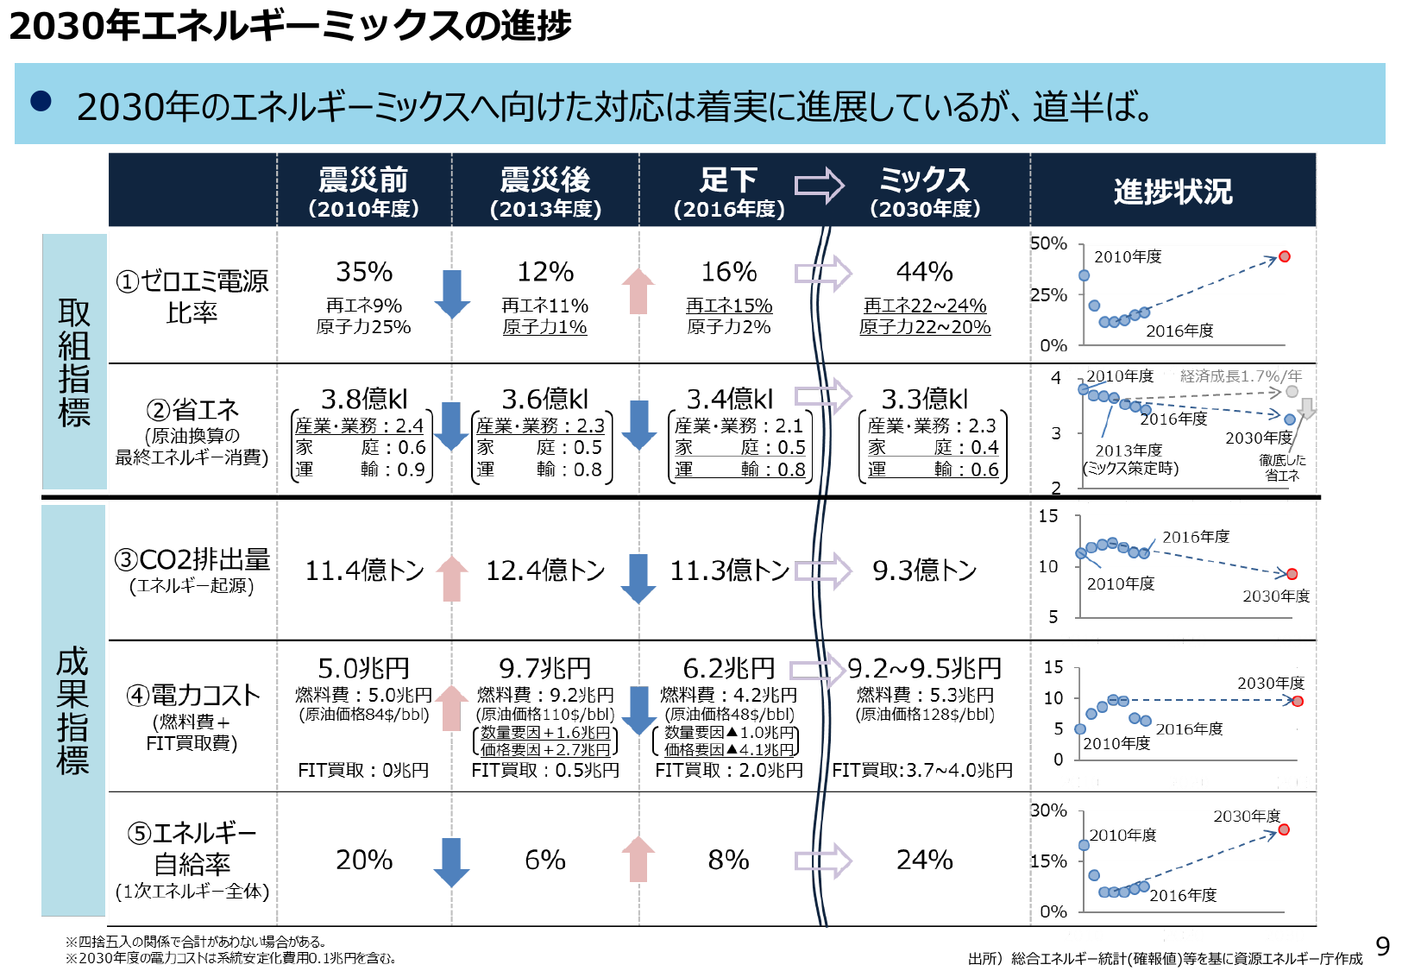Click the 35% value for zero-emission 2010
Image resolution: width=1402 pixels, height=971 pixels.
pyautogui.click(x=364, y=272)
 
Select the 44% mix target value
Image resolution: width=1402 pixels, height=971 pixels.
pyautogui.click(x=924, y=272)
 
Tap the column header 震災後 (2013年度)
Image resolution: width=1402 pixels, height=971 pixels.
pyautogui.click(x=545, y=192)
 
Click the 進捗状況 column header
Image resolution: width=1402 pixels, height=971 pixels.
pyautogui.click(x=1173, y=191)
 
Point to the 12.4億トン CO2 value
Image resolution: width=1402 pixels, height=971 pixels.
pyautogui.click(x=545, y=571)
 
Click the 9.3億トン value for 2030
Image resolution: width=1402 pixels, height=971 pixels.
pyautogui.click(x=924, y=571)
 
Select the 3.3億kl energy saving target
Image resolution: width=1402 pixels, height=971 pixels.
pyautogui.click(x=924, y=399)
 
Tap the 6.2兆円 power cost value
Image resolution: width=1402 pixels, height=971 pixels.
pyautogui.click(x=728, y=668)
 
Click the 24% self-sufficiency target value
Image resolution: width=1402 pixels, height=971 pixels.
pyautogui.click(x=924, y=860)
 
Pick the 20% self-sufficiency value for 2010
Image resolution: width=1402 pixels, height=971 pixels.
pyautogui.click(x=364, y=860)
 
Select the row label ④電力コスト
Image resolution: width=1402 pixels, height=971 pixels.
pyautogui.click(x=192, y=696)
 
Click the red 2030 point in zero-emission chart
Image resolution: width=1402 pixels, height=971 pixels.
pyautogui.click(x=1284, y=256)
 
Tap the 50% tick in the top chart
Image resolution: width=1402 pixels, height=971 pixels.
pyautogui.click(x=1048, y=244)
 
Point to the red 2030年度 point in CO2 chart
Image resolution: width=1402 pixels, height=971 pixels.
pyautogui.click(x=1292, y=574)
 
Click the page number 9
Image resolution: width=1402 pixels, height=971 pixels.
pyautogui.click(x=1382, y=947)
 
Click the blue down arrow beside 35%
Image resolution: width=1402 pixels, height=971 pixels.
pyautogui.click(x=452, y=293)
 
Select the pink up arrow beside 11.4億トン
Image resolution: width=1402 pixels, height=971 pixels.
pyautogui.click(x=452, y=577)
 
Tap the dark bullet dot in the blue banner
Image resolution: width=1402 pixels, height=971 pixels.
pyautogui.click(x=41, y=102)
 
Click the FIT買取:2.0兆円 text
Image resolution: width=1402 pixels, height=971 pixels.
pyautogui.click(x=728, y=770)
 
